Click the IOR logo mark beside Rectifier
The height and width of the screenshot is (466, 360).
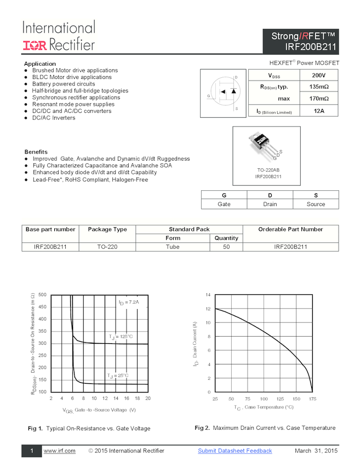click(x=35, y=45)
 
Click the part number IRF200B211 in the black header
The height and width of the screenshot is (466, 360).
click(x=307, y=47)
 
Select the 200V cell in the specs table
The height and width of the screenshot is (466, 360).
click(x=318, y=75)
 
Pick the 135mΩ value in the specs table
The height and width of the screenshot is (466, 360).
click(x=318, y=87)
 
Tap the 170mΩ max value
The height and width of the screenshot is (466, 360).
click(x=318, y=99)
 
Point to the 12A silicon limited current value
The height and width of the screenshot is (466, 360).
click(x=318, y=111)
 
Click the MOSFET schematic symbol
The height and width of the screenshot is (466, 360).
click(x=222, y=93)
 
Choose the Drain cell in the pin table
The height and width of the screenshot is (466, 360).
click(x=270, y=204)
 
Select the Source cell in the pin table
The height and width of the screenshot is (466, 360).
click(x=316, y=204)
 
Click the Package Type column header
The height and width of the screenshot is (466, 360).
click(x=107, y=229)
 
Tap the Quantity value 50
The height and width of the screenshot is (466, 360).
click(x=226, y=247)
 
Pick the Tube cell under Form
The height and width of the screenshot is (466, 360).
click(x=173, y=247)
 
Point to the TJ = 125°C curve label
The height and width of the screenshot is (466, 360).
click(x=121, y=336)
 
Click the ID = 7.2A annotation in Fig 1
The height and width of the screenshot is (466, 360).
click(x=129, y=302)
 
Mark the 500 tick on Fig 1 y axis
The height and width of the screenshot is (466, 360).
click(x=42, y=295)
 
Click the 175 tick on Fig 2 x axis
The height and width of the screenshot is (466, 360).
click(x=313, y=399)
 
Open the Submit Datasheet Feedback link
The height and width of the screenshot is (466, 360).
click(x=235, y=451)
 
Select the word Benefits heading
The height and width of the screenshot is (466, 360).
click(x=36, y=152)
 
